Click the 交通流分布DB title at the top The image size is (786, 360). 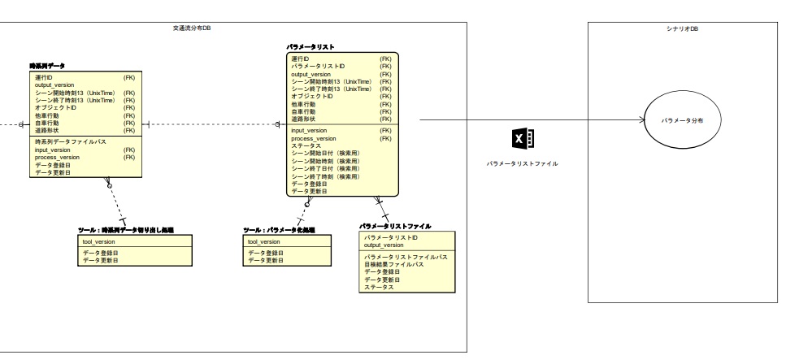tap(192, 28)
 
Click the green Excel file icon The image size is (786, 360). tap(520, 138)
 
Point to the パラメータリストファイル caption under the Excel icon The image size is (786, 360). tap(522, 163)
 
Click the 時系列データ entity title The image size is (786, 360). tap(47, 65)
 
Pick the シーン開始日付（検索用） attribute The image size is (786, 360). tap(325, 154)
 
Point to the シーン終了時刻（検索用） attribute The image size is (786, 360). tap(325, 176)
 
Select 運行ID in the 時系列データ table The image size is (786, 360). tap(43, 77)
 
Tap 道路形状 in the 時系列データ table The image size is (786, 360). tap(48, 130)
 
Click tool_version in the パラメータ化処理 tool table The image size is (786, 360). tap(264, 242)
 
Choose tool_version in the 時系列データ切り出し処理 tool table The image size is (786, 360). tap(99, 242)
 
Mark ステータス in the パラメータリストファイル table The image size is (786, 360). tap(378, 287)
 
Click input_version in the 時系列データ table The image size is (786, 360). tap(52, 150)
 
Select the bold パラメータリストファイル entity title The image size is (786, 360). tap(395, 226)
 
